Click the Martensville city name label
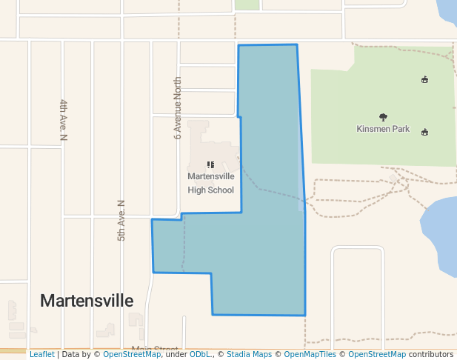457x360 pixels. (87, 301)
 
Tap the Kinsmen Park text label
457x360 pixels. (383, 129)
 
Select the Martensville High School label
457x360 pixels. (211, 183)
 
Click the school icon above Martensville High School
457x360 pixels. (210, 165)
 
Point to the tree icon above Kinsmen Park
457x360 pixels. (383, 117)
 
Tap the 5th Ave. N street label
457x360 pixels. (121, 220)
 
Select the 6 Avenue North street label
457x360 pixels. (178, 107)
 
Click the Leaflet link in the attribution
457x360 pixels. (41, 355)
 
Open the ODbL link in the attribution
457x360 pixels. (200, 355)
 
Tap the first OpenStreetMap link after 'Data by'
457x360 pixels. (132, 355)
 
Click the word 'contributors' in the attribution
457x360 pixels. (431, 355)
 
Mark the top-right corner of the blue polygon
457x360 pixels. (297, 44)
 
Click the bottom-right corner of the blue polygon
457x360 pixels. (305, 316)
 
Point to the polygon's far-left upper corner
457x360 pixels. (152, 219)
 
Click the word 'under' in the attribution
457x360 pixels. (176, 355)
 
